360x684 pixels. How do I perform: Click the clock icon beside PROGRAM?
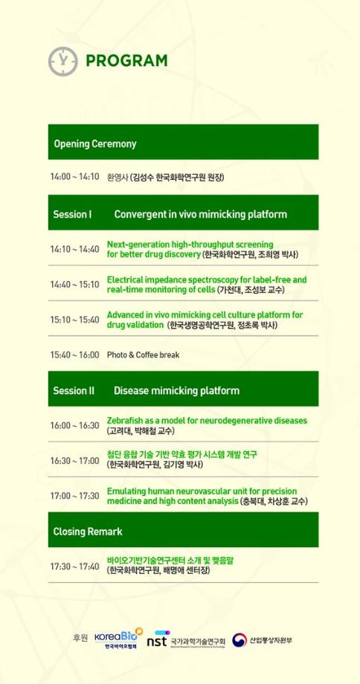pyautogui.click(x=62, y=60)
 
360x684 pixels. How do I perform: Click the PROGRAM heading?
pyautogui.click(x=126, y=61)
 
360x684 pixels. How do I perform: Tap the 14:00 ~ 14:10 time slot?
pyautogui.click(x=74, y=177)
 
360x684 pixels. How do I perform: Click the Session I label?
pyautogui.click(x=72, y=214)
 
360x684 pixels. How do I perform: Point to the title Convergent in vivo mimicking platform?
pyautogui.click(x=200, y=214)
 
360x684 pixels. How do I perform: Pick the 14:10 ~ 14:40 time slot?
pyautogui.click(x=74, y=249)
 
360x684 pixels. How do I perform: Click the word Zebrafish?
pyautogui.click(x=126, y=420)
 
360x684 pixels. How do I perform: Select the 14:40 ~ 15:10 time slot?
pyautogui.click(x=74, y=284)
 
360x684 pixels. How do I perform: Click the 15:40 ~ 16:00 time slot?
pyautogui.click(x=74, y=355)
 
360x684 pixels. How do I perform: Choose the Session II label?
pyautogui.click(x=74, y=390)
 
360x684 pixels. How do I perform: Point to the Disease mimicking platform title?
pyautogui.click(x=176, y=390)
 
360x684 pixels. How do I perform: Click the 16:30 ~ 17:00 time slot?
pyautogui.click(x=74, y=460)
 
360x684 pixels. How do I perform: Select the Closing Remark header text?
pyautogui.click(x=88, y=532)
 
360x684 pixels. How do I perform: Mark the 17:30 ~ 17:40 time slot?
pyautogui.click(x=74, y=567)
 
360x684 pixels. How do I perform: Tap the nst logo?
pyautogui.click(x=157, y=639)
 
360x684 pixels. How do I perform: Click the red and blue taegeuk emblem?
pyautogui.click(x=240, y=639)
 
